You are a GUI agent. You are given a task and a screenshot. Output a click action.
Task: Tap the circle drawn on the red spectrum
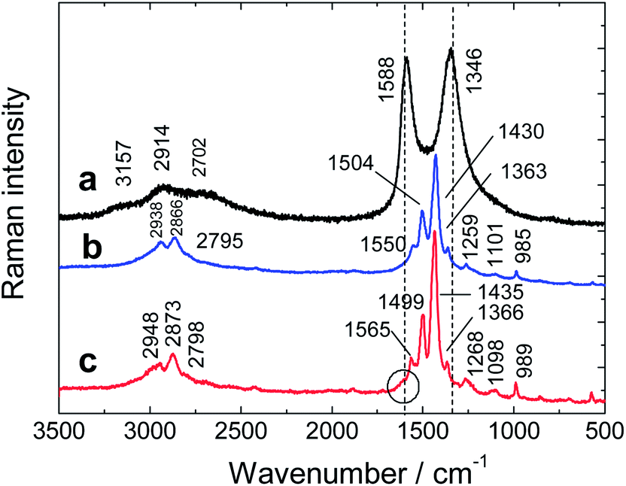[403, 385]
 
